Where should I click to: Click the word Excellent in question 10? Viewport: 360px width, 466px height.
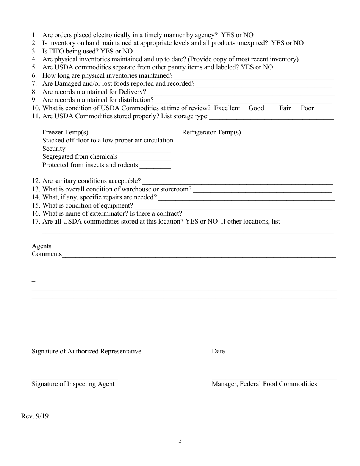coord(227,108)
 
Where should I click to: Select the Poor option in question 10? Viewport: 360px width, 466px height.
coord(307,108)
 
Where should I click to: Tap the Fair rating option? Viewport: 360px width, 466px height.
coord(285,108)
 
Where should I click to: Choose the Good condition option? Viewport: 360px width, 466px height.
coord(256,108)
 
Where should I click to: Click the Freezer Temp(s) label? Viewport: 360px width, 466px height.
coord(65,133)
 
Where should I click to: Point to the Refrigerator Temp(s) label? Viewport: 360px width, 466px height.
coord(211,133)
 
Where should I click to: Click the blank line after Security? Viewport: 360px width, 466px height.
coord(119,151)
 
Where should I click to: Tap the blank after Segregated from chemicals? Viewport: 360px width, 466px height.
coord(145,159)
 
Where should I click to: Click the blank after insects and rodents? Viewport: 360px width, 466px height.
coord(155,167)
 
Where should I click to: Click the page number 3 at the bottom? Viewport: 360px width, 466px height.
coord(180,441)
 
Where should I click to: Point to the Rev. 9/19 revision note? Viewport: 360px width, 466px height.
coord(35,416)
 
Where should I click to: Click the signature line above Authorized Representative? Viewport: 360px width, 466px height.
coord(85,346)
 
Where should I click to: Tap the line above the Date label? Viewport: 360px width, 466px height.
coord(244,346)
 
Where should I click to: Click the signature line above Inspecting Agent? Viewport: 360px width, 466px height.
coord(75,378)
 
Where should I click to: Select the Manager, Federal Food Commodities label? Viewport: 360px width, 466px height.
coord(264,384)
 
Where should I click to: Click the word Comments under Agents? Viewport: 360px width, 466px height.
coord(47,254)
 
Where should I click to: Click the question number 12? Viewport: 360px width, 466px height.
coord(36,181)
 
